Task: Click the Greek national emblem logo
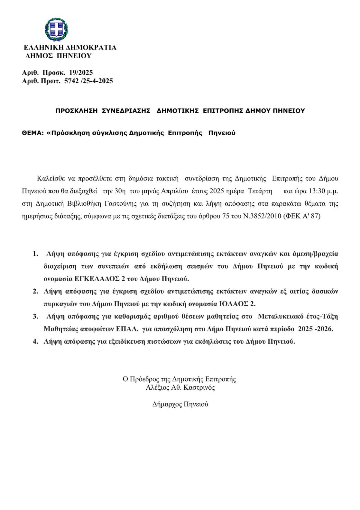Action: pos(56,29)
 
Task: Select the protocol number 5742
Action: pos(71,81)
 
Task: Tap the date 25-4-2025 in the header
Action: pos(98,81)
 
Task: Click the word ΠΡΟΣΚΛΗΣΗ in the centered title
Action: pos(76,111)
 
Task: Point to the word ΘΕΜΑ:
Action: pos(33,133)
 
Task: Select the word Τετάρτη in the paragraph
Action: pos(260,191)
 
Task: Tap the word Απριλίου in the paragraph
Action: pos(175,191)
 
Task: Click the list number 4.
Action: pos(35,341)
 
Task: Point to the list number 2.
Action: pos(35,291)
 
